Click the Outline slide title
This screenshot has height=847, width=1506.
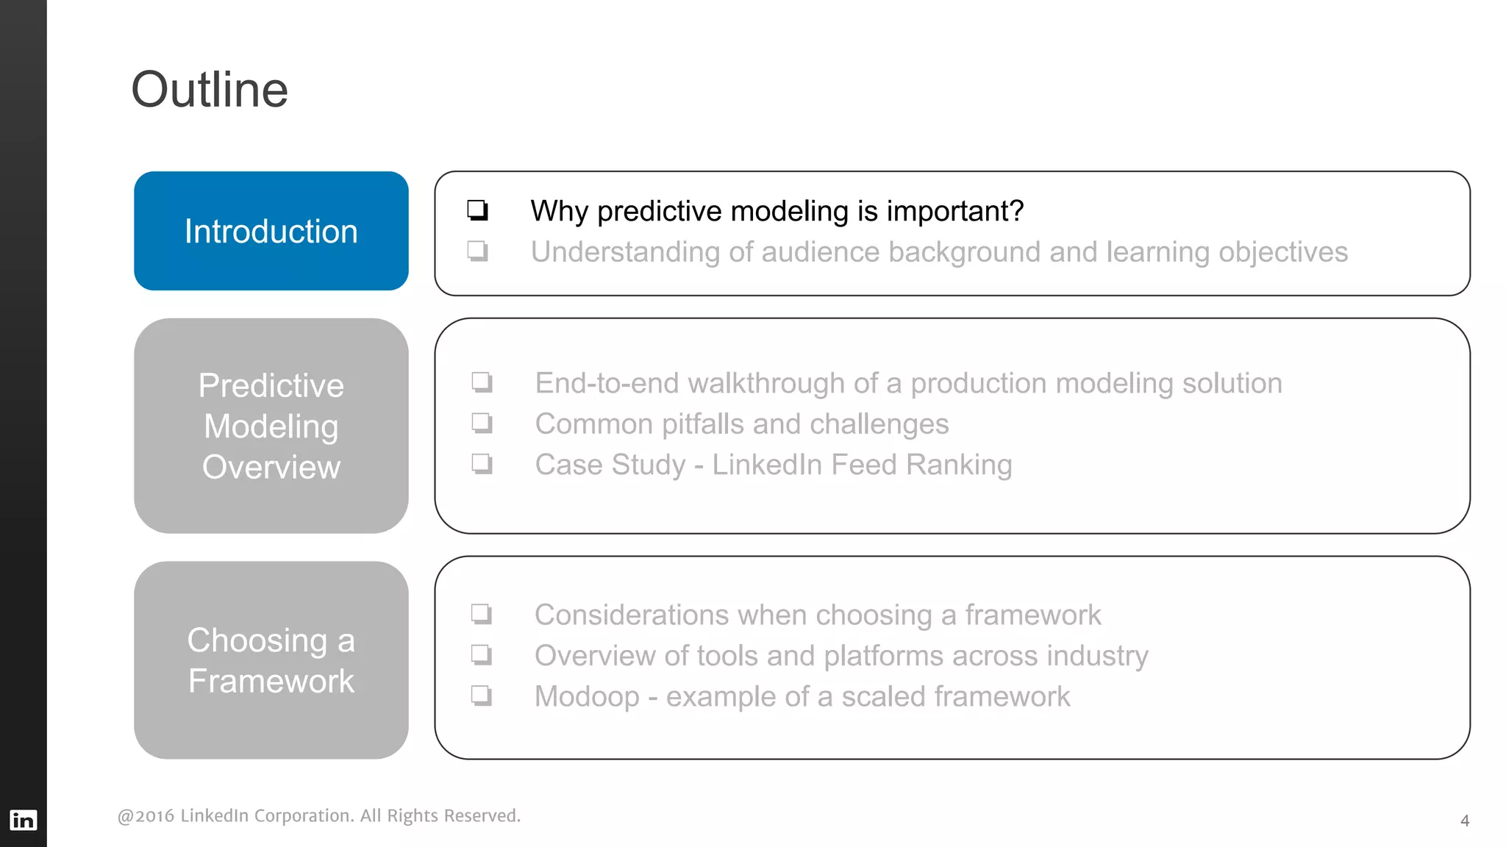click(210, 90)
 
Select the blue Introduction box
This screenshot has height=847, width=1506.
click(271, 231)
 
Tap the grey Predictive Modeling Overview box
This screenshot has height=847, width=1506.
click(271, 426)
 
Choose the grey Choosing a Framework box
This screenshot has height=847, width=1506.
click(271, 660)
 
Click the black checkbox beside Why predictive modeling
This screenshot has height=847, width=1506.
click(477, 210)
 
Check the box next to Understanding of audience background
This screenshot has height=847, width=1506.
click(477, 251)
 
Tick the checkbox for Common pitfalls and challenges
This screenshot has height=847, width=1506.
click(482, 423)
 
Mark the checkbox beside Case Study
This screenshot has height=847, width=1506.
click(482, 464)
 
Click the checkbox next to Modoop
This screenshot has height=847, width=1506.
click(481, 696)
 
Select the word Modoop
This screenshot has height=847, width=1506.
click(587, 696)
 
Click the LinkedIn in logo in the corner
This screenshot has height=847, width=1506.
click(23, 820)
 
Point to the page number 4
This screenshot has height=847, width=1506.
click(1464, 821)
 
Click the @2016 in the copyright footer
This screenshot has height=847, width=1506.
click(146, 816)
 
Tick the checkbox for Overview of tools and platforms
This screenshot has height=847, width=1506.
click(481, 654)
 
